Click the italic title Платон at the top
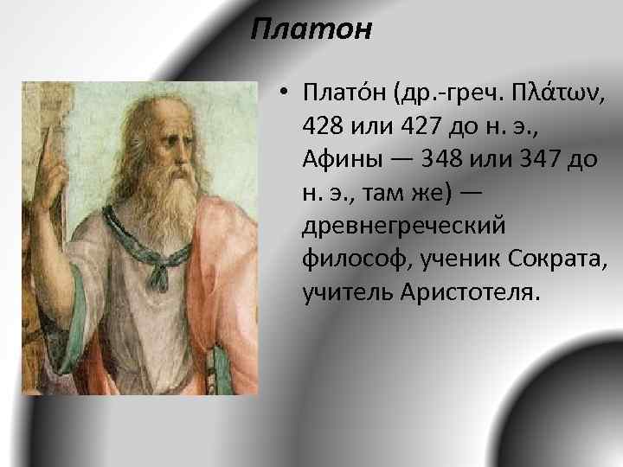(x=311, y=30)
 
